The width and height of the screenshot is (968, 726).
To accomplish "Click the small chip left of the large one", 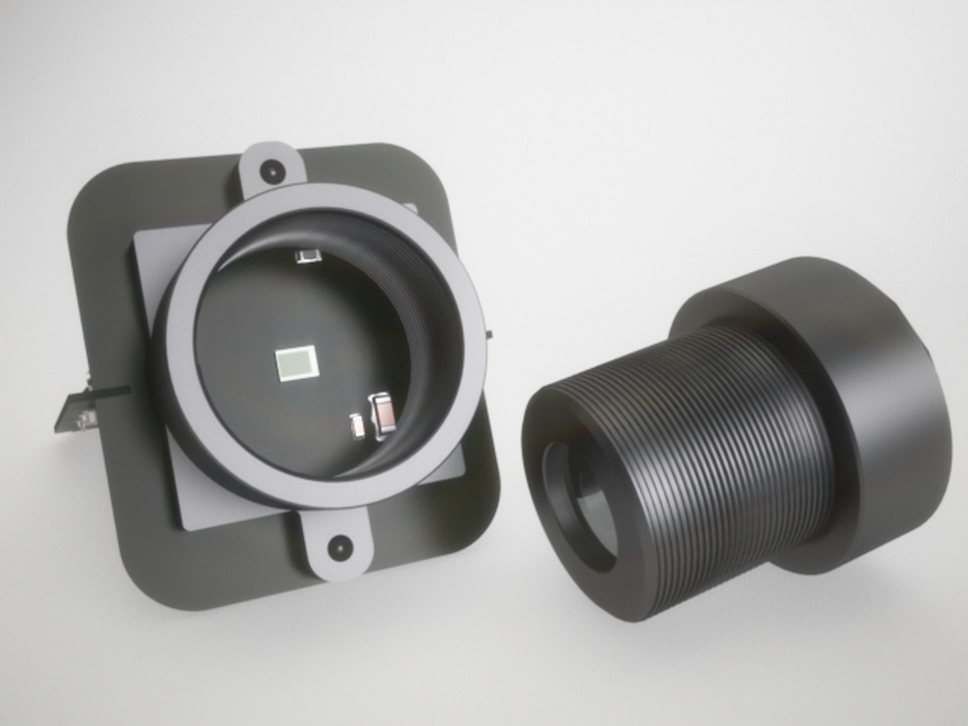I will click(x=358, y=426).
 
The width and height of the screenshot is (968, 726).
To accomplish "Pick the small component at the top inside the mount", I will click(x=308, y=256).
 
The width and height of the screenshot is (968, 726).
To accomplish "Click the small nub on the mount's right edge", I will click(x=489, y=333).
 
